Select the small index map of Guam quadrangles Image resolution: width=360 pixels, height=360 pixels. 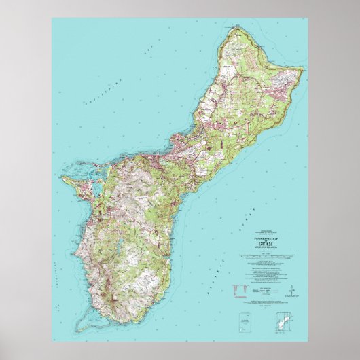(x=286, y=319)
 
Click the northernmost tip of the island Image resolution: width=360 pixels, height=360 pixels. (x=238, y=28)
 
